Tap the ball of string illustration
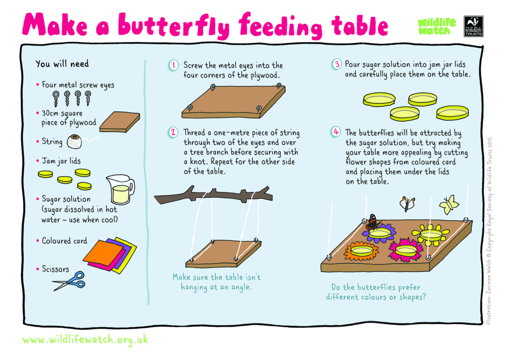(75, 142)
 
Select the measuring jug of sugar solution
(119, 189)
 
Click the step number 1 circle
(173, 65)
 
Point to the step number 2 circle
(173, 132)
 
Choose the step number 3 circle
(337, 64)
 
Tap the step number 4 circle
(336, 132)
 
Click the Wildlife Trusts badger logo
(473, 26)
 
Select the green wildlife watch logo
(436, 27)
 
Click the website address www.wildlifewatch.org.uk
(85, 340)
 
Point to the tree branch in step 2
(213, 196)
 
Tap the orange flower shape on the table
(361, 251)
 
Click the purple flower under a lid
(379, 234)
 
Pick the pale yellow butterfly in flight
(449, 204)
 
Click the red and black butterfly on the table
(372, 222)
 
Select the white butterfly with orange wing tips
(408, 203)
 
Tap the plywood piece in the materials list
(120, 122)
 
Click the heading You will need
(62, 64)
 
